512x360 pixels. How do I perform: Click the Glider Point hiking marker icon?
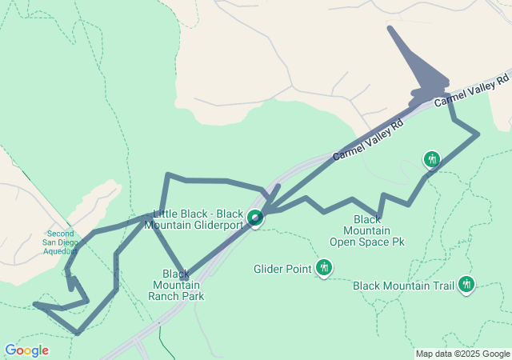[324, 267]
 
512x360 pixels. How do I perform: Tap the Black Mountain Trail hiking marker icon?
[466, 284]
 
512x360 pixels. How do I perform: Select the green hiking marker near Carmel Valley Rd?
[432, 159]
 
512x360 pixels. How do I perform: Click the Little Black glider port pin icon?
[255, 218]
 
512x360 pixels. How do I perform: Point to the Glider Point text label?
[282, 269]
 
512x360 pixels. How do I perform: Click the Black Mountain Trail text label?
[403, 285]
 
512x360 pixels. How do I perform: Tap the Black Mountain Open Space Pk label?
[366, 230]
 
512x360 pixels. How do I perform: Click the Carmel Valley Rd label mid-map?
[369, 142]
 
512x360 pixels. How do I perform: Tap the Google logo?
[26, 350]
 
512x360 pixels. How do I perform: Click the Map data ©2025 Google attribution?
[462, 354]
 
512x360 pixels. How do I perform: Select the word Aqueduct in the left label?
[60, 250]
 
